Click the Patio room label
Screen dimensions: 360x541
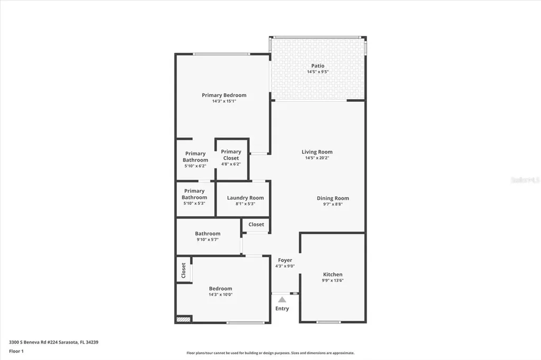tap(318, 66)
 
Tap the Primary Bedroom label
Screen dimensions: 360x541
tap(224, 96)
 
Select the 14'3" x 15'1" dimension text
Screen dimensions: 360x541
tap(224, 101)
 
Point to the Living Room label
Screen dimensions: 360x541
tap(317, 152)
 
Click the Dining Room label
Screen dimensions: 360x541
tap(333, 198)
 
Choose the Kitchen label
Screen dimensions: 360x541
tap(333, 274)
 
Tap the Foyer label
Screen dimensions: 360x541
tap(285, 260)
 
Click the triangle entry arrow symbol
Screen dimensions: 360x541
tap(282, 299)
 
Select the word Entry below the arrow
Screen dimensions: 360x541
tap(282, 308)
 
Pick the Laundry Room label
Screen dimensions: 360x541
tap(245, 198)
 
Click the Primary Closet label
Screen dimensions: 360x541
tap(231, 155)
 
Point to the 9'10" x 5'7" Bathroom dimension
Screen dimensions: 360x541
tap(208, 240)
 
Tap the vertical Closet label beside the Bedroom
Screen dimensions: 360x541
tap(184, 270)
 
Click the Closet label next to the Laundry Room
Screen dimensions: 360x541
tap(256, 224)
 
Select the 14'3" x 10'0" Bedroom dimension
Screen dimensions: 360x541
tap(220, 295)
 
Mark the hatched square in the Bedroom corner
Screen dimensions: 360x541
tap(183, 319)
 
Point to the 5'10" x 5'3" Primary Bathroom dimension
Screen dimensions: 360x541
tap(194, 204)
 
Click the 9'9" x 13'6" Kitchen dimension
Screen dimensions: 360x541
tap(333, 281)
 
